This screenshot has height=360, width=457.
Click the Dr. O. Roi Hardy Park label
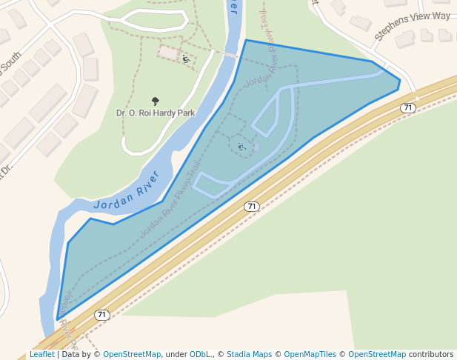point(156,113)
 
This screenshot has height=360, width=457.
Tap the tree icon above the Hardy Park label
point(156,101)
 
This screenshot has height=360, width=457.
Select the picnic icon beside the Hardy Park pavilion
point(185,59)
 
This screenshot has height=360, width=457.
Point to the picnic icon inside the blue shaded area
point(241,147)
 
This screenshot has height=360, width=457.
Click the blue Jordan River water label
point(127,192)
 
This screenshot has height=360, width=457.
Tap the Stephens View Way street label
point(412,26)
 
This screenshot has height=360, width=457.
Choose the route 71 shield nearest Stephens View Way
point(407,108)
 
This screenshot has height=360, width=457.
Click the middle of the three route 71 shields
point(252,206)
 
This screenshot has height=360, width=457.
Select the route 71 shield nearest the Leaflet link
point(102,315)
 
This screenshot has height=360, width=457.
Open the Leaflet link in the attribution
point(41,355)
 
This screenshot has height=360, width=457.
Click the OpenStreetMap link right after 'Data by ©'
point(132,355)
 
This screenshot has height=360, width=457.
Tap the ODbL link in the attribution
point(200,355)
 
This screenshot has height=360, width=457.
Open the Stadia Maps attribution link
point(249,355)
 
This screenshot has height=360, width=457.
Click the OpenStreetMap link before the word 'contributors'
point(377,355)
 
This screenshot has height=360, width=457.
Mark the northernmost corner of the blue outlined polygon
point(246,40)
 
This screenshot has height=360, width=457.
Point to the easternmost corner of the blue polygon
point(400,80)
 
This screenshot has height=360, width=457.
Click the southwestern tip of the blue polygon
point(57,320)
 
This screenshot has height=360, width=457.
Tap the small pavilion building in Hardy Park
point(169,53)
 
